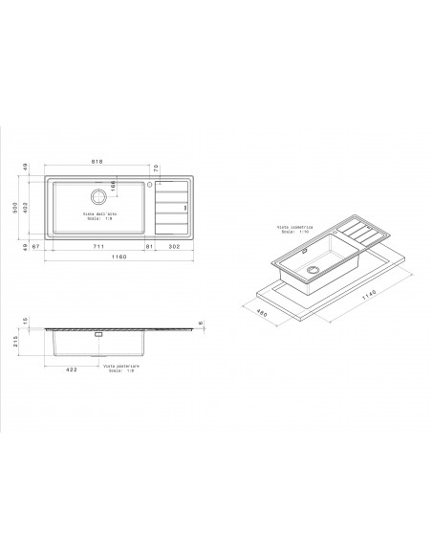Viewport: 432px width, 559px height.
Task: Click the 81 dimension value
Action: click(x=148, y=247)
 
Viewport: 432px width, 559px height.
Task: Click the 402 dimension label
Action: click(x=27, y=207)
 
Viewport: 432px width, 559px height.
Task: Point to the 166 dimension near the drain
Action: click(x=112, y=185)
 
